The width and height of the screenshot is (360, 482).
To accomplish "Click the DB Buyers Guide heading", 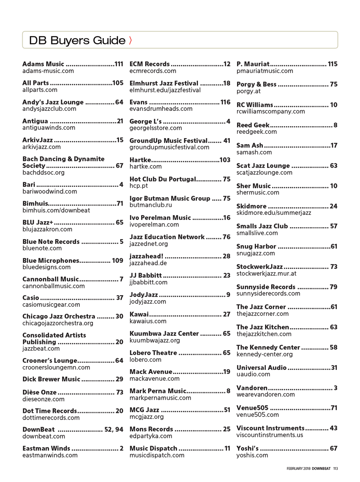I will pyautogui.click(x=77, y=40).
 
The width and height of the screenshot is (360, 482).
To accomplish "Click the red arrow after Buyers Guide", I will pyautogui.click(x=130, y=40).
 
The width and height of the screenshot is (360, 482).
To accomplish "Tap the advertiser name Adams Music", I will pyautogui.click(x=43, y=64).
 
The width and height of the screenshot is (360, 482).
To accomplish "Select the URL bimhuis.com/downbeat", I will pyautogui.click(x=56, y=210).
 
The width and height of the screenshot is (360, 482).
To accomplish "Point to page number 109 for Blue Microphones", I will pyautogui.click(x=118, y=260).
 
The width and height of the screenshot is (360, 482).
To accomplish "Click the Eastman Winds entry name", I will pyautogui.click(x=46, y=448).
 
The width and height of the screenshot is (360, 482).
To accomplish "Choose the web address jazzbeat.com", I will pyautogui.click(x=41, y=349).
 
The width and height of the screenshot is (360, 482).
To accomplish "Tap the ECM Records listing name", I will pyautogui.click(x=150, y=64).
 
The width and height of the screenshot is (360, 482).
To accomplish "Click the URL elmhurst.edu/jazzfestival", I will pyautogui.click(x=165, y=90).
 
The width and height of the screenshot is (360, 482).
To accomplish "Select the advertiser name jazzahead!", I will pyautogui.click(x=146, y=256).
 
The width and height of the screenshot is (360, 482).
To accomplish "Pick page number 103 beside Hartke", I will pyautogui.click(x=225, y=160).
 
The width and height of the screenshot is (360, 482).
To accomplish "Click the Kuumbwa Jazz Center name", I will pyautogui.click(x=164, y=333).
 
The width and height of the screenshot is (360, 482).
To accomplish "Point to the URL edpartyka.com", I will pyautogui.click(x=151, y=436).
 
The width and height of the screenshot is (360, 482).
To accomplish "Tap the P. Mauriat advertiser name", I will pyautogui.click(x=253, y=64).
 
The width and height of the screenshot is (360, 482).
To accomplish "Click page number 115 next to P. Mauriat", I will pyautogui.click(x=332, y=64).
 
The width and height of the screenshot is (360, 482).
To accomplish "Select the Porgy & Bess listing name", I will pyautogui.click(x=256, y=84).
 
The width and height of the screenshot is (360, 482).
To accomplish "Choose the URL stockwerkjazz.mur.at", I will pyautogui.click(x=266, y=274).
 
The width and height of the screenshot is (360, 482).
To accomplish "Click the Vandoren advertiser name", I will pyautogui.click(x=252, y=388).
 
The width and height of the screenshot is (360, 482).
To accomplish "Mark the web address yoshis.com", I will pyautogui.click(x=252, y=455).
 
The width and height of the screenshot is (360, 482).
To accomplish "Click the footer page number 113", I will pyautogui.click(x=335, y=469).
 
